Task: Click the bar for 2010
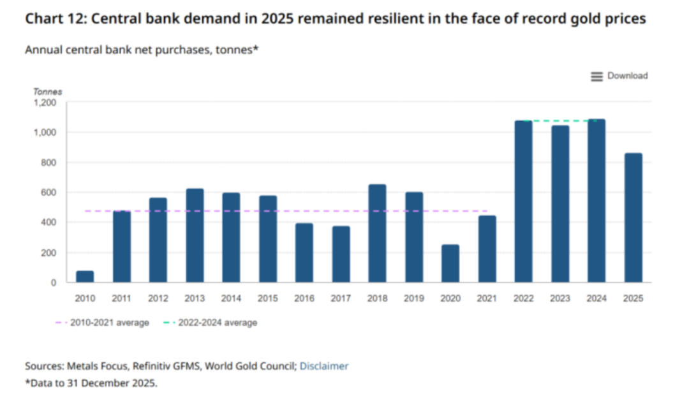point(85,276)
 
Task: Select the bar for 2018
point(377,233)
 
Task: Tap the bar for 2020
point(450,263)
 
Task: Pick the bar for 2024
point(596,201)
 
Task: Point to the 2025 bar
point(633,217)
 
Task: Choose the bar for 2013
point(195,235)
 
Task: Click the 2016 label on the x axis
point(304,298)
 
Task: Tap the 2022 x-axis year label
point(523,298)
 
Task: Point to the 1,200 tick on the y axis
point(45,103)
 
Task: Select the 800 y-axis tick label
point(48,163)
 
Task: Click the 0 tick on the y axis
point(54,282)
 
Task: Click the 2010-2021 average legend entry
point(102,323)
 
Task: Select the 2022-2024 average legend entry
point(211,323)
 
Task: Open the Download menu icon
point(596,77)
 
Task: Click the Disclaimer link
point(324,365)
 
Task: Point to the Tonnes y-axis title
point(47,91)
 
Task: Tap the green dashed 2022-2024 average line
point(560,121)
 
